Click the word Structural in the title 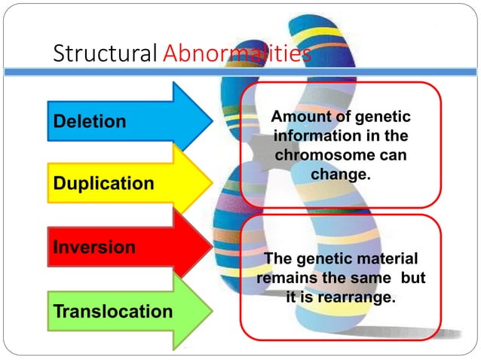tap(104, 54)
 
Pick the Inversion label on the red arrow tap(95, 247)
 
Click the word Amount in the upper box tap(297, 119)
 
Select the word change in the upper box tap(340, 174)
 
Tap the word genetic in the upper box tap(382, 119)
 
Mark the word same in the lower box tap(375, 278)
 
